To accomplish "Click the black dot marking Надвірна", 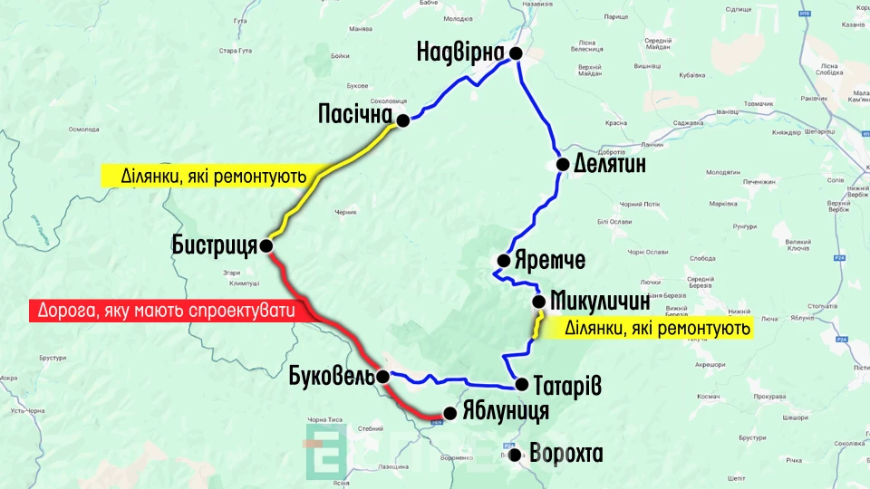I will coord(517,54).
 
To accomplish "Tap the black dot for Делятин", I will coord(563,165).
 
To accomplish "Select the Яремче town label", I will coord(549,261).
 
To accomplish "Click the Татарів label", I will coord(567,385).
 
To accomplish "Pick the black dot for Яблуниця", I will coord(449,413).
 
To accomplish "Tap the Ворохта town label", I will coord(565,454).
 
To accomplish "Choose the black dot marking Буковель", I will coord(383,377).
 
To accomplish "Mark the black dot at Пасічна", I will coord(404,118).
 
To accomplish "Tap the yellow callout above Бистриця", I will coord(203,175).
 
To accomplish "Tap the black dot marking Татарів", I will coord(522,385).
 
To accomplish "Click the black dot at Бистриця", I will coord(266,245).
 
